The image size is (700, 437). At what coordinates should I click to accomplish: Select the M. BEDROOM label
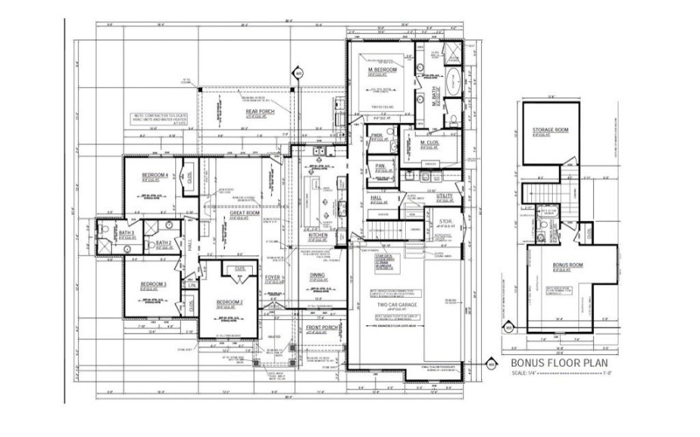coord(384,69)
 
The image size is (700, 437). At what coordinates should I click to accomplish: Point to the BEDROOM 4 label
coord(154,176)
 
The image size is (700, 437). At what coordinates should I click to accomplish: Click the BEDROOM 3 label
coord(154,285)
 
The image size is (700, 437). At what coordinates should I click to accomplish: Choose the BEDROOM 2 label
coord(230,302)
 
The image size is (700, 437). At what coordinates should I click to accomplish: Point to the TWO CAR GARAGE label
coord(397,304)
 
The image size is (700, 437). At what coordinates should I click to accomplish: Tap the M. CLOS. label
coord(429,143)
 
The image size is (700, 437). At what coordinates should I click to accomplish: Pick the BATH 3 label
coord(126,233)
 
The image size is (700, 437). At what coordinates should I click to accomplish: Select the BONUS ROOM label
coord(568,265)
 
